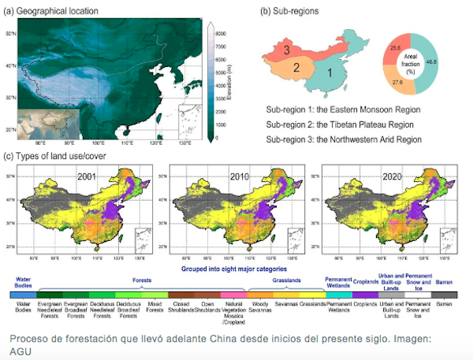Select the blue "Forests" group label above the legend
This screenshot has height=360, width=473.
click(x=141, y=279)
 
